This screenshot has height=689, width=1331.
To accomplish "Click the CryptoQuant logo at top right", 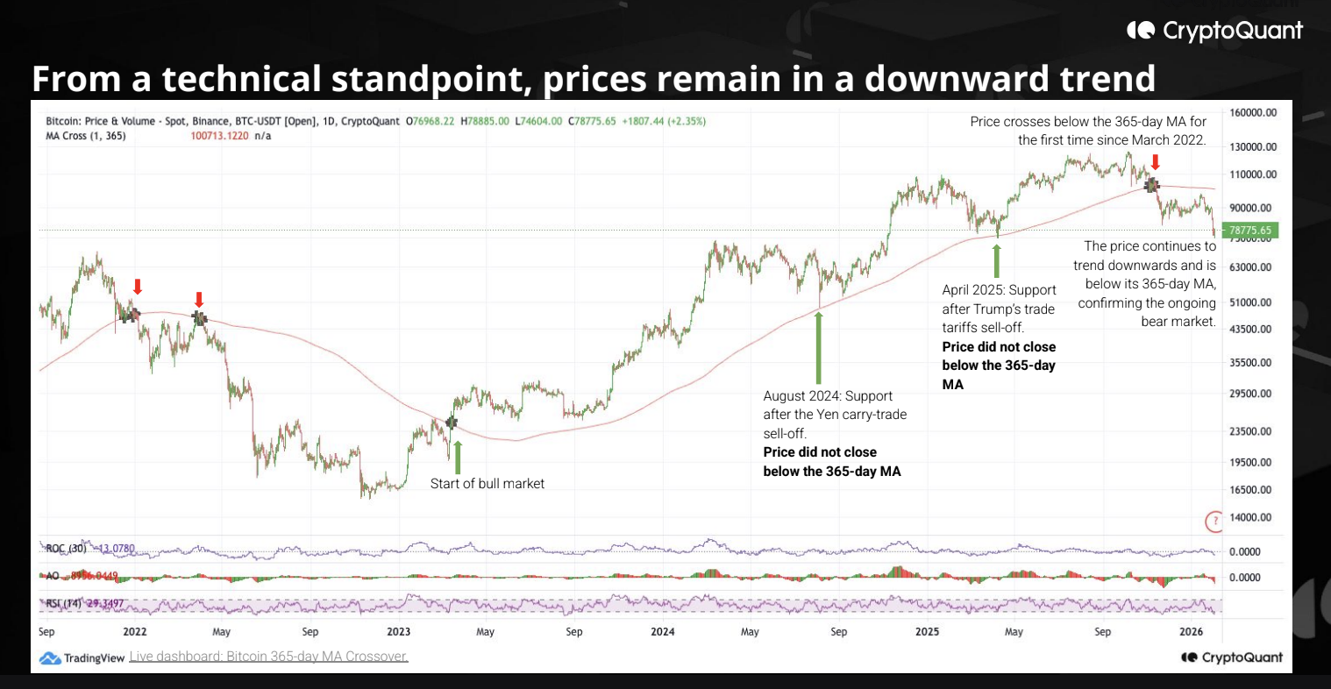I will pos(1215,31).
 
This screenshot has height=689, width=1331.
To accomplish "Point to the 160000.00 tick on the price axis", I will pos(1253,113).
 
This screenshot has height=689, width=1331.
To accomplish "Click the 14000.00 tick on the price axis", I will pos(1250,517).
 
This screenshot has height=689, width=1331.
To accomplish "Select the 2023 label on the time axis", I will pos(398,631).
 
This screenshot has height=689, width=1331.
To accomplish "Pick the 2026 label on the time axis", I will pos(1191,631).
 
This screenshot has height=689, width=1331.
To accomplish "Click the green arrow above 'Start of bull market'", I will pos(457,457).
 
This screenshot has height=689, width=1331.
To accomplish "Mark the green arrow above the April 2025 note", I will pos(996,260).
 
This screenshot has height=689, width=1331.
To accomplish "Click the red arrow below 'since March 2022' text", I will pos(1156,162).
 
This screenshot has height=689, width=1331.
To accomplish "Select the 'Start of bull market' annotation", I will pos(488,484).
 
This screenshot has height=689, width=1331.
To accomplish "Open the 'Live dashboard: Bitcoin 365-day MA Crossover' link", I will pos(268,657).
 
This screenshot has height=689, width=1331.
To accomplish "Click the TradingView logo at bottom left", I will pos(82,657).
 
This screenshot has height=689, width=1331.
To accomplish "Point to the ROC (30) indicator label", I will pos(66,549).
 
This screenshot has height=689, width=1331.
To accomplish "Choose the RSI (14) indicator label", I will pos(65,604).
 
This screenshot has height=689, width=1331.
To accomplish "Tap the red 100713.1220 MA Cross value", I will pos(219,136).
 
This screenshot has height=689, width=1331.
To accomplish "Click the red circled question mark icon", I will pos(1214,522).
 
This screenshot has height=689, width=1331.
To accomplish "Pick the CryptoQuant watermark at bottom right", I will pos(1232,657).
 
